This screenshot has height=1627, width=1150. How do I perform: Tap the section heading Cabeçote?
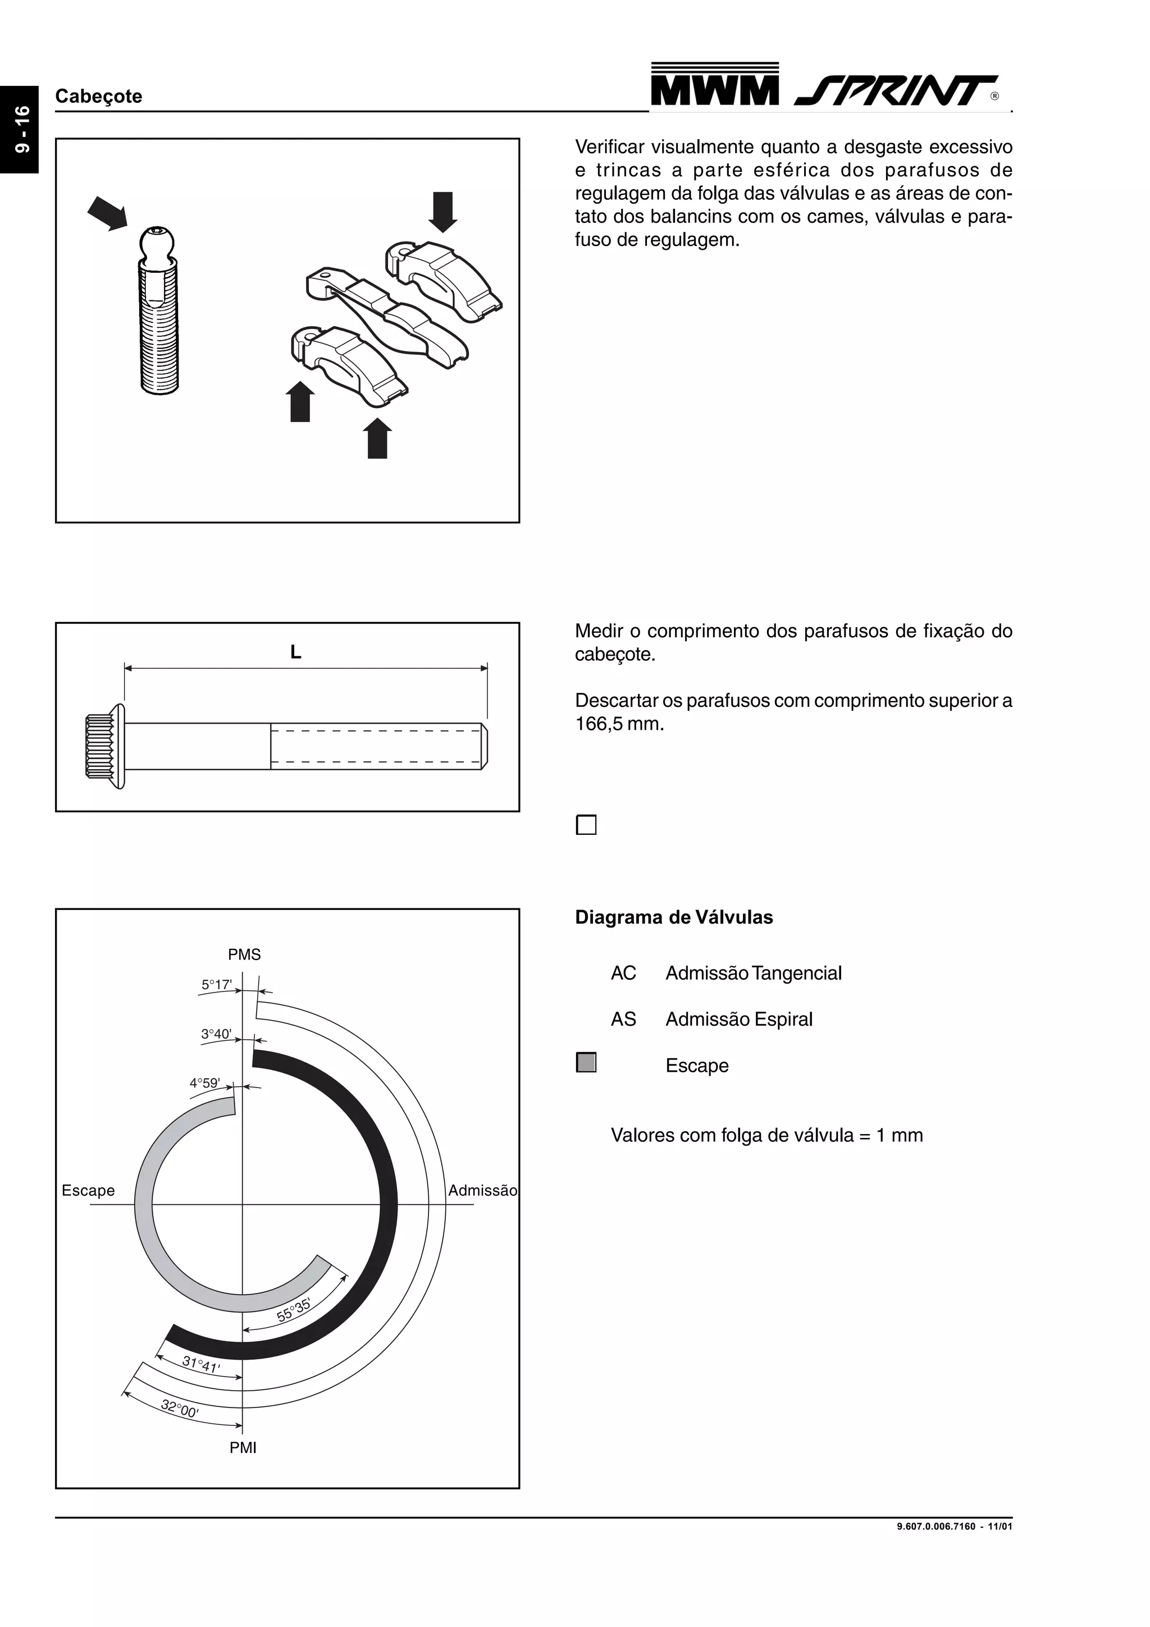coord(98,97)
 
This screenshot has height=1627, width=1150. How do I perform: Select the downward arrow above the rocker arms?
coord(443,211)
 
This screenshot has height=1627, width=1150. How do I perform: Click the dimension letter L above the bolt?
coord(295,652)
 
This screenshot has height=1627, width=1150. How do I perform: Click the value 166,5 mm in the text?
coord(619,724)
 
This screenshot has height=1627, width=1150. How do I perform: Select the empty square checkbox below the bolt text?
coord(586,825)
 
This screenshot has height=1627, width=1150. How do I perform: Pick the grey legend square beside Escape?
coord(586,1063)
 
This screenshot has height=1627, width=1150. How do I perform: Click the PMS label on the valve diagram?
coord(244,954)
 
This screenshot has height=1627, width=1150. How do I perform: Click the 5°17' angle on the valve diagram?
coord(216,984)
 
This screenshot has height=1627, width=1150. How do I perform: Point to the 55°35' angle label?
coord(293,1310)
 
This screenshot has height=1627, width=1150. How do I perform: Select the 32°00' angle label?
coord(179,1409)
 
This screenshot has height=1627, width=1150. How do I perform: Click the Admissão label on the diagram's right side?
coord(482,1190)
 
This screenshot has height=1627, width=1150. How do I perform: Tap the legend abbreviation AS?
coord(623,1019)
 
